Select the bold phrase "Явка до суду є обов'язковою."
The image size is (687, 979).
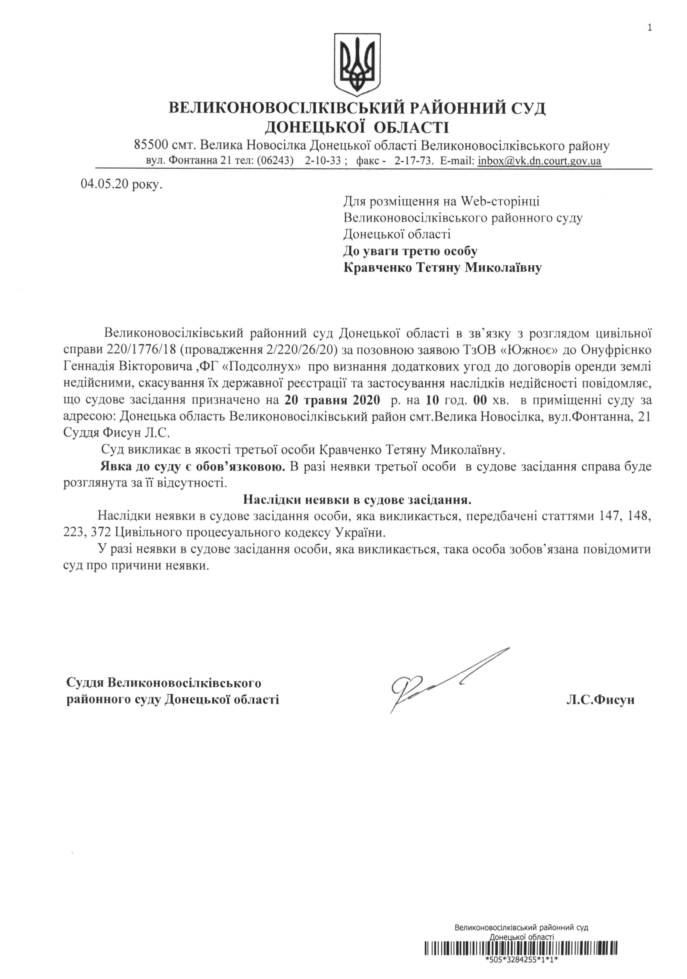coord(193,466)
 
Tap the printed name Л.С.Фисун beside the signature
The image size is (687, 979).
coord(600,699)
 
